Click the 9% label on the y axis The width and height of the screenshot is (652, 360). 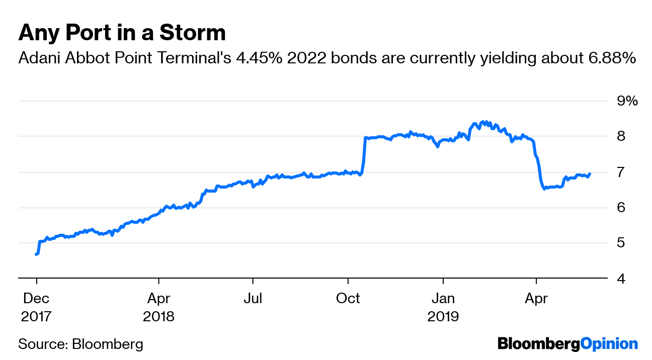(627, 101)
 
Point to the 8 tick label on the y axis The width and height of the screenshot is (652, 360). (621, 137)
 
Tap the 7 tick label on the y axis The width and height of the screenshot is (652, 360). (621, 172)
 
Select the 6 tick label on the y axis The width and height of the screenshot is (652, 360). (621, 208)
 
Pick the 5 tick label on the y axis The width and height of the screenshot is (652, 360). (621, 243)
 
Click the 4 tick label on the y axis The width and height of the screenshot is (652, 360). (621, 278)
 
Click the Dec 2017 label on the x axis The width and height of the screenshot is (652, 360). (36, 307)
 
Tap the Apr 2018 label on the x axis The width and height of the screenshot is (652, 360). (158, 307)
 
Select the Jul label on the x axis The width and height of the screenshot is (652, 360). (253, 298)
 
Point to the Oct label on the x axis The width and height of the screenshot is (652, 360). (348, 298)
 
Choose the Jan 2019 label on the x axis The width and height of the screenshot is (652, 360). (443, 307)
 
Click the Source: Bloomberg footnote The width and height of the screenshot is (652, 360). (80, 344)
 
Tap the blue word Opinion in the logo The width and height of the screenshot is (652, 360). (609, 344)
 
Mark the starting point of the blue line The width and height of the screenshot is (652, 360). (36, 254)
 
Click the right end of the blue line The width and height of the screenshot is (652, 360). (590, 174)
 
